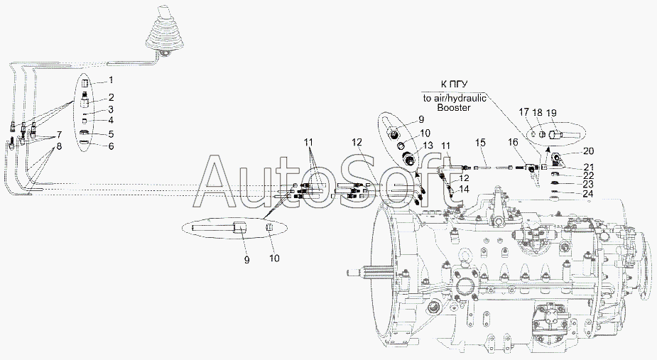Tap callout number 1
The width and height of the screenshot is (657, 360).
(x=112, y=80)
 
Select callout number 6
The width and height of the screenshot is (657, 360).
(x=112, y=146)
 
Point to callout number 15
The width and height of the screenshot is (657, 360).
(x=480, y=143)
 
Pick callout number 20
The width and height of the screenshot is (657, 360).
(x=588, y=151)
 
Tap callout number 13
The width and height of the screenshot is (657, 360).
(x=428, y=145)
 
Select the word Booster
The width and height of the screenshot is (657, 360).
(x=454, y=107)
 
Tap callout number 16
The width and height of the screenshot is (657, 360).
(x=514, y=143)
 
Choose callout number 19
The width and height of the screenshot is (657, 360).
(x=551, y=112)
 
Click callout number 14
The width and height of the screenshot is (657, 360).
(x=464, y=190)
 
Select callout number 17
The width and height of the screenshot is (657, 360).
(x=523, y=112)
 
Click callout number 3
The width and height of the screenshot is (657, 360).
(x=111, y=110)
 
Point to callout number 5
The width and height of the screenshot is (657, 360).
(x=112, y=134)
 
